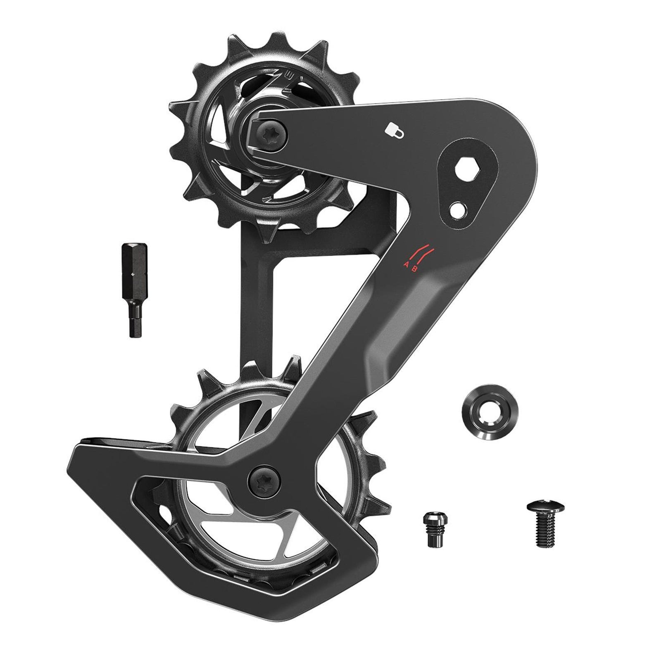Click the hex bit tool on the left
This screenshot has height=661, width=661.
click(x=133, y=289)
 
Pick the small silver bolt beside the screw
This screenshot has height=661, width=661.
click(x=431, y=529)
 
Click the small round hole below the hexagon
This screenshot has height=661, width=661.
click(x=459, y=208)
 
